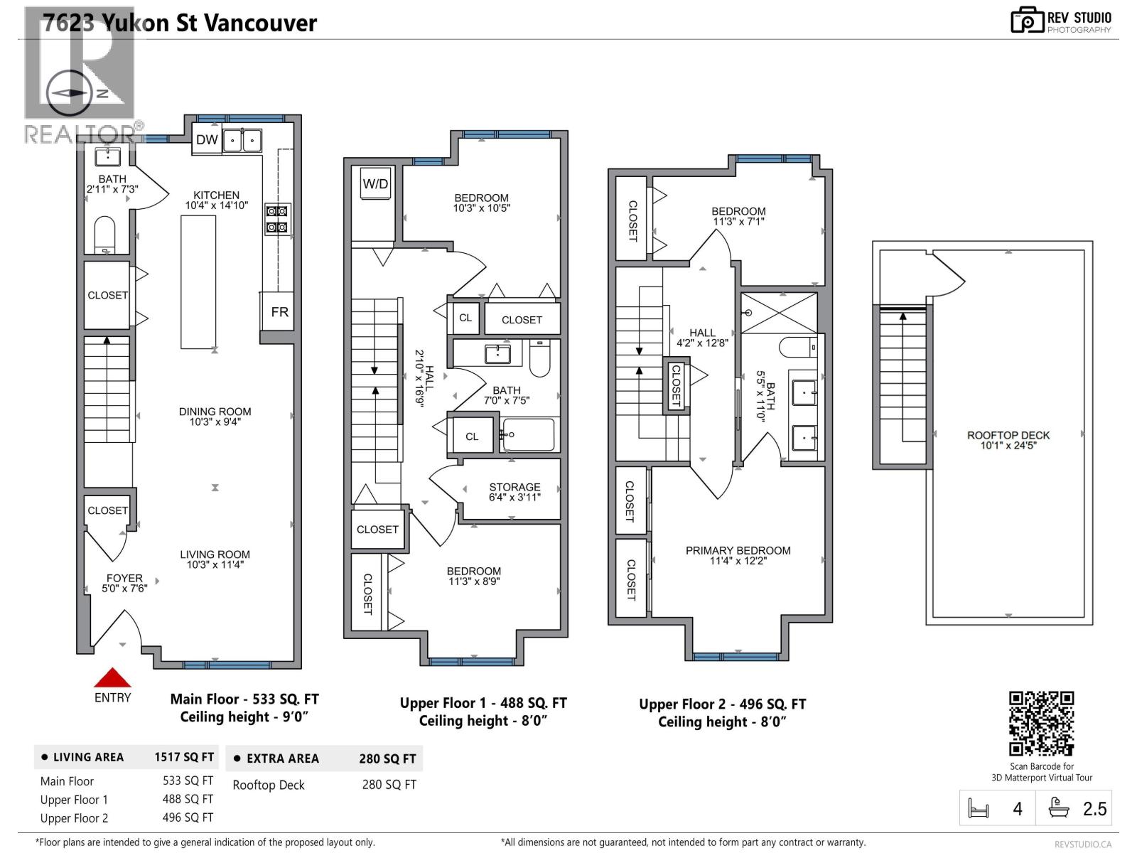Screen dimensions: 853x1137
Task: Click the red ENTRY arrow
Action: [112, 677]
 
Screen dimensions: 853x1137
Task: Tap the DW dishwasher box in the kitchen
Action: [207, 140]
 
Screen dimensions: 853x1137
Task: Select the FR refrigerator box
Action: [279, 312]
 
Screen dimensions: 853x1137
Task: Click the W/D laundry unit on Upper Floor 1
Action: [375, 184]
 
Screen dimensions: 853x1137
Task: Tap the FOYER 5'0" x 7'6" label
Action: [124, 583]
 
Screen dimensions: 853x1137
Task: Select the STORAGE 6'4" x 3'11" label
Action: [514, 492]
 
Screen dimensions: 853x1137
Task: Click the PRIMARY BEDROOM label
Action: [738, 555]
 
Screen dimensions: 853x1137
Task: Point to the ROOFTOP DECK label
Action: [1008, 440]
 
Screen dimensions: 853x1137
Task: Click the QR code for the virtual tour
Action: [1041, 723]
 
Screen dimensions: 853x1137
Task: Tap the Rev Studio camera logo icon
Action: [1027, 21]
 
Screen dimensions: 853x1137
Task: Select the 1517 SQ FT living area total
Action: [183, 757]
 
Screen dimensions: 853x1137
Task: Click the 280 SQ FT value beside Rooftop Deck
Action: [389, 785]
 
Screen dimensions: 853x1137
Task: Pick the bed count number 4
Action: [1017, 809]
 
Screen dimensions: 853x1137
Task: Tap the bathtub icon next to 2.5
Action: [1060, 809]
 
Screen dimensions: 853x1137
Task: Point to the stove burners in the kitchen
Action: [277, 219]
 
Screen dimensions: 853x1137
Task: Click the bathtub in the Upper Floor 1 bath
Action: [527, 434]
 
